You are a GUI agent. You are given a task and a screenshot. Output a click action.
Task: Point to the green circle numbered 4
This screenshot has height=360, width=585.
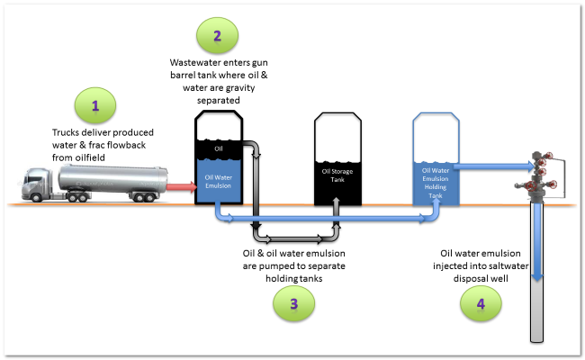coord(481,304)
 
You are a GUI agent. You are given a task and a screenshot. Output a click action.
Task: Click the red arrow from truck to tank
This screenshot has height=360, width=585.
coord(181,187)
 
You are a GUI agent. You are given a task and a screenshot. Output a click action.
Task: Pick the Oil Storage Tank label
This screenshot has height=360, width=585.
coord(338,172)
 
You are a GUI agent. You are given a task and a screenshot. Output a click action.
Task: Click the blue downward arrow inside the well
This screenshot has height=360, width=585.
coord(537,243)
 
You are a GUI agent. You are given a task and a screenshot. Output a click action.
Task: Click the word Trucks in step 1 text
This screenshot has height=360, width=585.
coord(67,133)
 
